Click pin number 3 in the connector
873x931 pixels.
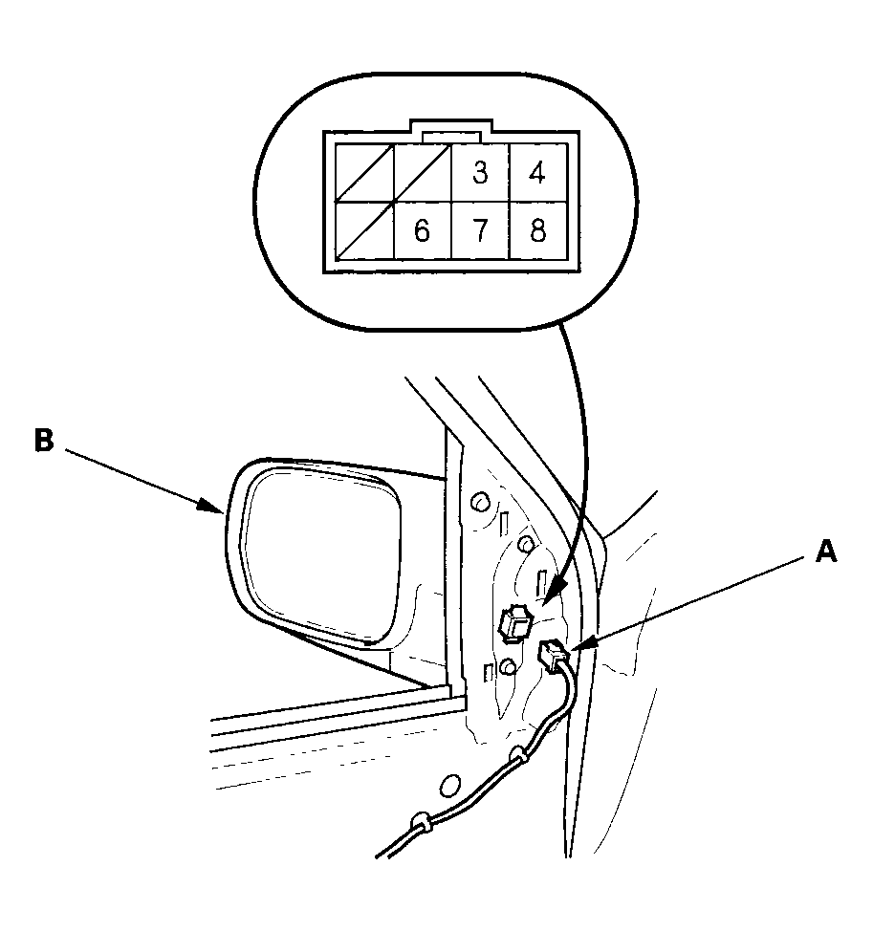click(x=480, y=172)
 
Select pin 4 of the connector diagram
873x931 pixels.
click(x=537, y=172)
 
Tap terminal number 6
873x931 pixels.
click(x=423, y=230)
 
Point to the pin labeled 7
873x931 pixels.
click(x=480, y=230)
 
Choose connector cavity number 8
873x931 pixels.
click(x=538, y=230)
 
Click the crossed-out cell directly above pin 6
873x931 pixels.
click(x=423, y=172)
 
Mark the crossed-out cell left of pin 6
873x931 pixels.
click(x=364, y=230)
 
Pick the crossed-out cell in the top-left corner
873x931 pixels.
click(x=364, y=172)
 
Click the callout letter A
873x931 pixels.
click(x=826, y=552)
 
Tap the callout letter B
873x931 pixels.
click(x=44, y=442)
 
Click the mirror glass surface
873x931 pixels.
click(x=321, y=553)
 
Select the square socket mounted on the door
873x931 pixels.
click(x=514, y=623)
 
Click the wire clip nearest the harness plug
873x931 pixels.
click(x=518, y=755)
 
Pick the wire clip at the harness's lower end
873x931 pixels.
click(x=421, y=822)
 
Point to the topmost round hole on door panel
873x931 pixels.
click(x=480, y=502)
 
